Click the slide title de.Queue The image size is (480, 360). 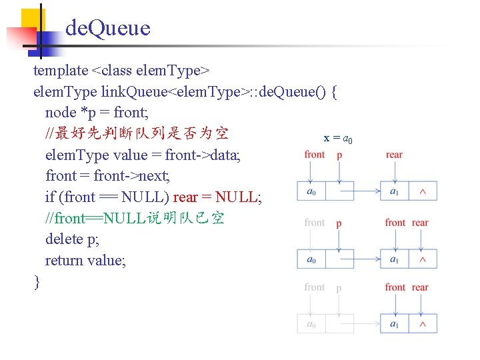coord(108,28)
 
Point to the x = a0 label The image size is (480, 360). coord(338,138)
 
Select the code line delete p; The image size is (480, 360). coord(73,239)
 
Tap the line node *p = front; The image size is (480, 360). coord(96,113)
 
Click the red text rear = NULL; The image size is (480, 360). coord(217,197)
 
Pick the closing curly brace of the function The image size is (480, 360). coord(37,281)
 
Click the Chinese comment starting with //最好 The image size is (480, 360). coord(137,134)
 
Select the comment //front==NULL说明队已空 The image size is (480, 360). coord(135,218)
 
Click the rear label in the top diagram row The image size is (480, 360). coord(394,155)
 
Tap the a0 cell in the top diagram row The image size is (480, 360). coord(311,192)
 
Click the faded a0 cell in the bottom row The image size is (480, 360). coord(311,324)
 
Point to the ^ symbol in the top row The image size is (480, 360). coord(423,192)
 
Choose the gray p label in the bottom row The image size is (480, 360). coord(339,288)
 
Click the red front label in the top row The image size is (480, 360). coord(315,155)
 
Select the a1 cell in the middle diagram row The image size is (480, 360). coord(394,259)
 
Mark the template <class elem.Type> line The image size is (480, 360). coord(122,70)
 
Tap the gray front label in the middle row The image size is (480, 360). coord(315,222)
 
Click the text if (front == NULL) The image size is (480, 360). coord(107,197)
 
